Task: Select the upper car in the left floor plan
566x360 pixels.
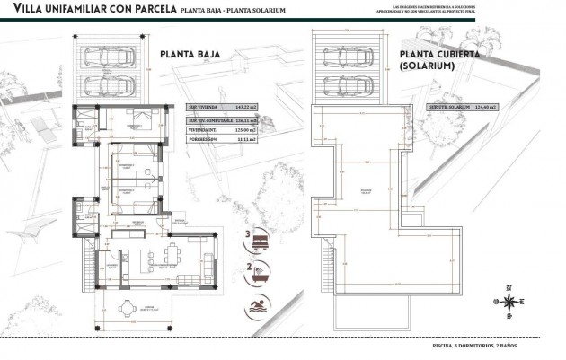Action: click(x=110, y=57)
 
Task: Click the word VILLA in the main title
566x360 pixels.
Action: click(x=24, y=12)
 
